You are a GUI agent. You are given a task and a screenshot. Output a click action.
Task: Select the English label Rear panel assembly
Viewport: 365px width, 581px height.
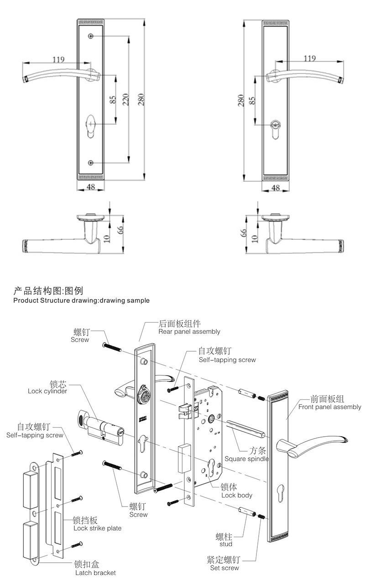189,332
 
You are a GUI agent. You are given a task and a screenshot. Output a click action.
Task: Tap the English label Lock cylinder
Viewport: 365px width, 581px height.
47,391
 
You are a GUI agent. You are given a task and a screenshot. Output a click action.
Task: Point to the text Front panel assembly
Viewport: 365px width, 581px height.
329,407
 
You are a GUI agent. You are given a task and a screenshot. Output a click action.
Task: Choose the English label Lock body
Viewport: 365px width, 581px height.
237,495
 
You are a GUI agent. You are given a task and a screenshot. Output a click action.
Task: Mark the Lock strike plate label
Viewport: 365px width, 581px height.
97,528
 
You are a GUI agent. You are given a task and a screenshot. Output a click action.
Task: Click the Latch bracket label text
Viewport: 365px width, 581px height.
95,572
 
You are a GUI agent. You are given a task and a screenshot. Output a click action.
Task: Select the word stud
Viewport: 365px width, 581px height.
225,544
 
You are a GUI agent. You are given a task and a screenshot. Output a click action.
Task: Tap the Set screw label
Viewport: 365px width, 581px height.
224,568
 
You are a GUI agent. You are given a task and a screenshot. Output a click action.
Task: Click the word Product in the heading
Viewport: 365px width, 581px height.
26,301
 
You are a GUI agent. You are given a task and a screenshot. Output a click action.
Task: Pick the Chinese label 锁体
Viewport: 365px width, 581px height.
228,487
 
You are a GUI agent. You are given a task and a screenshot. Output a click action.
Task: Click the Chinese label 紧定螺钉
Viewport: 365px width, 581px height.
224,560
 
